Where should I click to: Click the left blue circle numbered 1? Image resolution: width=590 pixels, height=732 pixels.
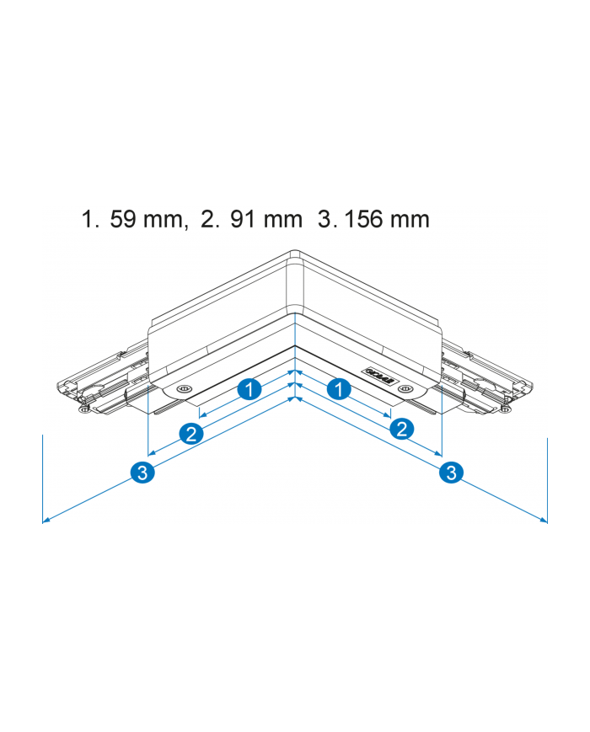point(248,389)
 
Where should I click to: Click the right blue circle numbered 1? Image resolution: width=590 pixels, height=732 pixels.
point(339,389)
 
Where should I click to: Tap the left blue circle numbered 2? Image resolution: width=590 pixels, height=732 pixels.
point(191,434)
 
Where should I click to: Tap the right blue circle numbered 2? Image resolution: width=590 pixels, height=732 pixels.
point(402,429)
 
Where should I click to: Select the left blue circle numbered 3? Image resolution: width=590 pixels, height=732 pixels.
point(143,473)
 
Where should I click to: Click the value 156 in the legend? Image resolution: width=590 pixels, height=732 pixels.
point(364,220)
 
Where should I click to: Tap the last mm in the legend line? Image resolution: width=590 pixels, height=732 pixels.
point(410,220)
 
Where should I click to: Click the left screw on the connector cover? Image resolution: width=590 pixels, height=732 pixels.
point(182,388)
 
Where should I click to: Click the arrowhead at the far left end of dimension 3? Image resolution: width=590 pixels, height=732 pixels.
point(46,521)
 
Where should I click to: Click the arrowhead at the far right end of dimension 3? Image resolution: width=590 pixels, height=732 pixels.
point(544,521)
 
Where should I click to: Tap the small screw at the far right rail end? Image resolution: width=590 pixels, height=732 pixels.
point(507,410)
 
